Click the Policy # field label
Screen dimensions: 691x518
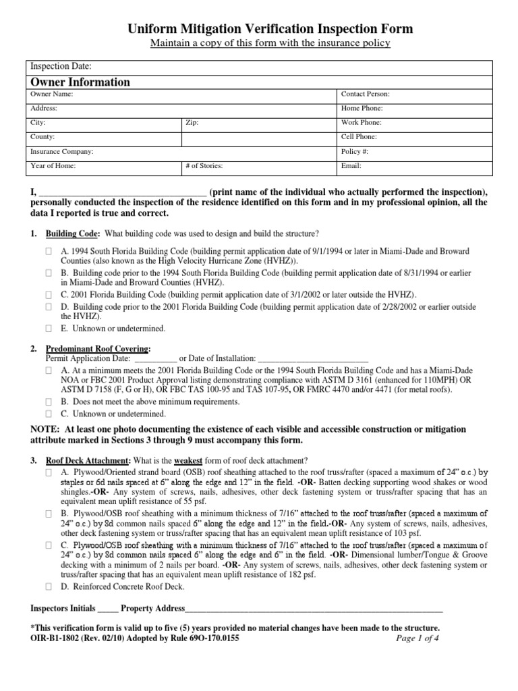point(355,152)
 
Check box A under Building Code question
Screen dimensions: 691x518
point(49,251)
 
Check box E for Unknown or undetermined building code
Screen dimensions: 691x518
point(49,329)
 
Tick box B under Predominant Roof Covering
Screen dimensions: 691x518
point(49,402)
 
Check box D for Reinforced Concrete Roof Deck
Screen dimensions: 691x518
point(49,587)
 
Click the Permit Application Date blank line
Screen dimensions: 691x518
point(154,358)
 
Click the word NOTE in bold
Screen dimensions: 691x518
point(45,429)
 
